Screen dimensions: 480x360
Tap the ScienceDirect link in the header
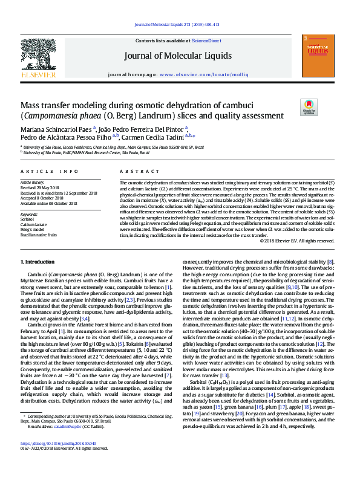tap(206, 40)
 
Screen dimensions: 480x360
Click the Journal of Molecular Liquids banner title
tap(178, 56)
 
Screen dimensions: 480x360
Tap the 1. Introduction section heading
tap(38, 261)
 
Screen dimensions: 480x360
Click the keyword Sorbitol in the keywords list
tap(28, 219)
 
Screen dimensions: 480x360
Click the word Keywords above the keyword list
tap(29, 214)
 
